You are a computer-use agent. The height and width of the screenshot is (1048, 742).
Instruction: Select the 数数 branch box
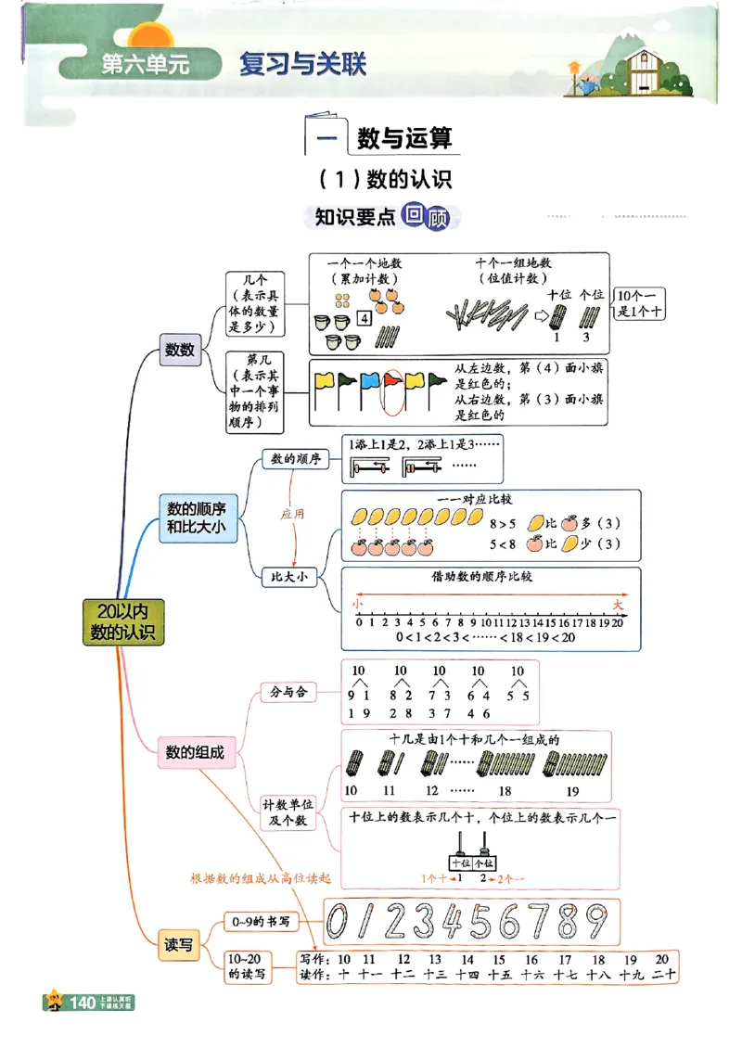click(180, 350)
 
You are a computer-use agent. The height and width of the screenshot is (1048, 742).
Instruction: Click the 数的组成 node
click(195, 752)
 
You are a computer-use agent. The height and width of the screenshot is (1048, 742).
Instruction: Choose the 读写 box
click(179, 945)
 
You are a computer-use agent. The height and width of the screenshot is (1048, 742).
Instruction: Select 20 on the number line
click(619, 621)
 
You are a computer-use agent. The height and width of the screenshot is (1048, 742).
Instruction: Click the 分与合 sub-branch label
click(288, 692)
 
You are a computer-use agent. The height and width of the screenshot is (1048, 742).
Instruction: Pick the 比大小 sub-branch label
click(288, 577)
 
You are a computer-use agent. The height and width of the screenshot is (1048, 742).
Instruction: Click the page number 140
click(83, 1003)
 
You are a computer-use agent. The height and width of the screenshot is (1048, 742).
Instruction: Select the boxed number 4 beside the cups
click(365, 319)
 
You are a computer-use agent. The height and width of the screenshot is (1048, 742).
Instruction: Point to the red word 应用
click(292, 512)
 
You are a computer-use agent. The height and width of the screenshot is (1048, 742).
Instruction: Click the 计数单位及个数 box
click(288, 812)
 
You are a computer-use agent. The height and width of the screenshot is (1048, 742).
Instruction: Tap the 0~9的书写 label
click(261, 922)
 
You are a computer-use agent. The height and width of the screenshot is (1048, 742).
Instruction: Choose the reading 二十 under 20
click(662, 974)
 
